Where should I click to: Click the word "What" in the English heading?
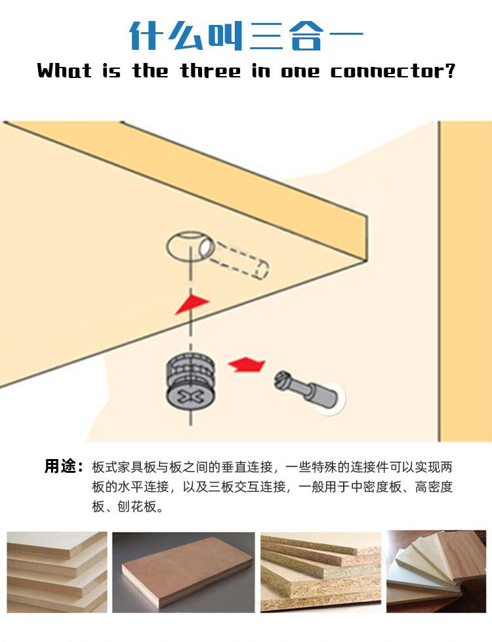[64, 70]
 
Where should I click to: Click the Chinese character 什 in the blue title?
[146, 36]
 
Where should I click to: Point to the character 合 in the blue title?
[304, 36]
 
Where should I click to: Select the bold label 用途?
[63, 467]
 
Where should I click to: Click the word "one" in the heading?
[300, 70]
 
